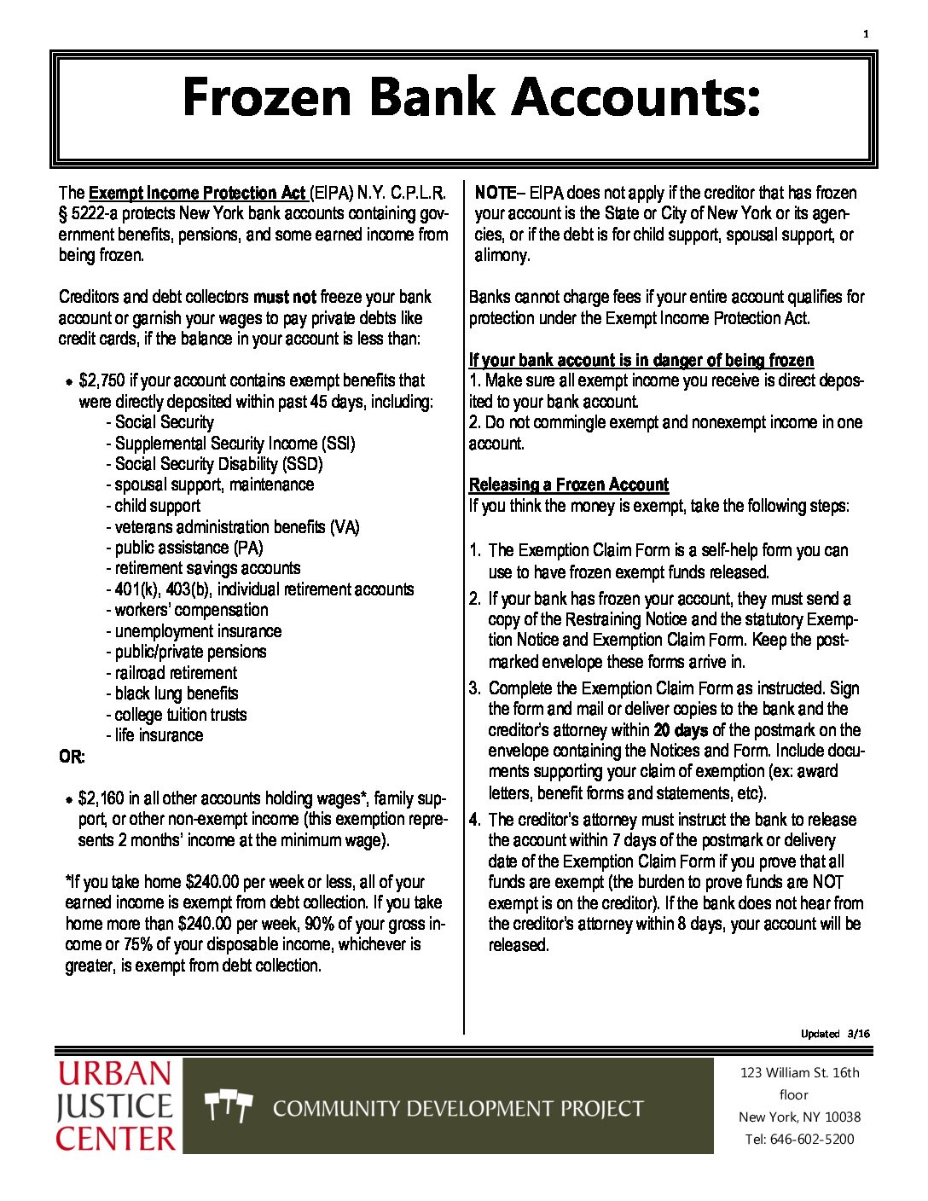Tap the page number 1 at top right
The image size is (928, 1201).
point(866,34)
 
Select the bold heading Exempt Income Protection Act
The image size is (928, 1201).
point(196,193)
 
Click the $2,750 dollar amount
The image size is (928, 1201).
point(101,380)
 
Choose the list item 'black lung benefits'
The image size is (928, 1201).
point(176,693)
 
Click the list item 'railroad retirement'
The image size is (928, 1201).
point(176,673)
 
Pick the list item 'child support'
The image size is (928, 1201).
point(157,506)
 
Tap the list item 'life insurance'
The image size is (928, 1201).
point(159,735)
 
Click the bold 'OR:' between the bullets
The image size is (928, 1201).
point(72,757)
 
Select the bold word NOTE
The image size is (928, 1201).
point(496,193)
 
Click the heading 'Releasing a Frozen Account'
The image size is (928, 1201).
point(568,485)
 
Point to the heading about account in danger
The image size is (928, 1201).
point(641,360)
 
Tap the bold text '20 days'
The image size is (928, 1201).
point(681,730)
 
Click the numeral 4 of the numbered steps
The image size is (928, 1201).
point(474,821)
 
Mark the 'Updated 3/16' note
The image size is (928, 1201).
point(835,1034)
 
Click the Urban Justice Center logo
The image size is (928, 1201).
point(116,1106)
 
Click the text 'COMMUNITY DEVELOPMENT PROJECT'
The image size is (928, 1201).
point(458,1109)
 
